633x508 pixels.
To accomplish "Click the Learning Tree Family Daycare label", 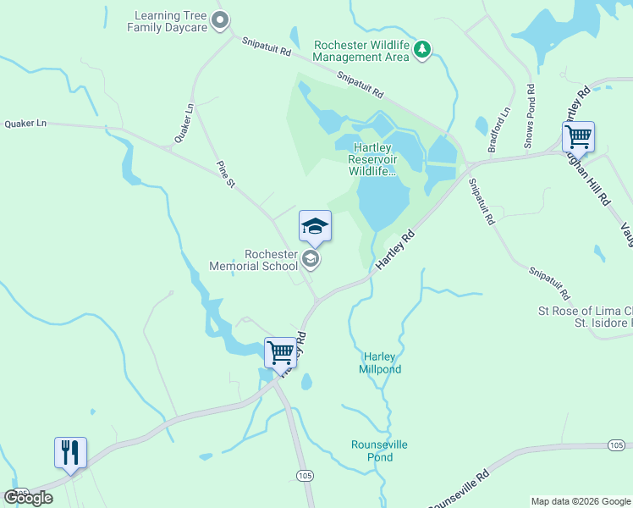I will (x=167, y=21).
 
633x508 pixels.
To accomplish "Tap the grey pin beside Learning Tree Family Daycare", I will (x=221, y=20).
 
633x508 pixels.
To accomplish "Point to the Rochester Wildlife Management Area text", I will (x=361, y=51).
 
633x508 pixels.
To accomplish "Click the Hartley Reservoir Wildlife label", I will (x=372, y=159).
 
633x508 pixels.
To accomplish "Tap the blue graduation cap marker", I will (x=315, y=226).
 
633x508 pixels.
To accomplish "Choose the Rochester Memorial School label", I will (x=270, y=260).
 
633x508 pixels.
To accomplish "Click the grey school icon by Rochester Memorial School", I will (x=311, y=259).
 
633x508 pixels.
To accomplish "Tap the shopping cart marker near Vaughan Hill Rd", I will (x=578, y=136).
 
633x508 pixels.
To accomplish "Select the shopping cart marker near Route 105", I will (x=280, y=351).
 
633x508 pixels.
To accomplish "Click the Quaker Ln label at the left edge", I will (x=25, y=124).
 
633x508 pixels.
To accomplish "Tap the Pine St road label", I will (x=225, y=174).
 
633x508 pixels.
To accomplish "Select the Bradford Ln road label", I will (x=505, y=124).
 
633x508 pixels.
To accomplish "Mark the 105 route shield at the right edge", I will (x=618, y=445).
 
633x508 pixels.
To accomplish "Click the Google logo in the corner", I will (x=28, y=498).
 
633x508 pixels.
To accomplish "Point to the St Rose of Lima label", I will (x=585, y=311).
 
